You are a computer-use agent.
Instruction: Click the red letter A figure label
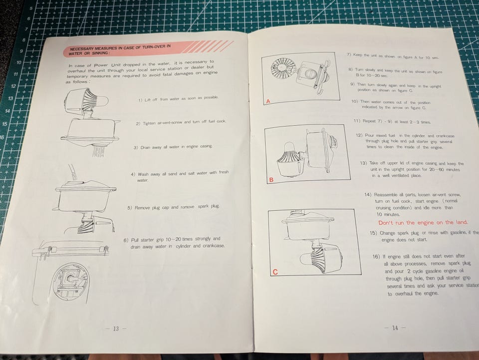[268, 101]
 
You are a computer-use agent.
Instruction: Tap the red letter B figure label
[271, 180]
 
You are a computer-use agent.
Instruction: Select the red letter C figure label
[275, 272]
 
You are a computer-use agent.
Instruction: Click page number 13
[116, 329]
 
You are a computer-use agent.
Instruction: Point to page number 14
[395, 328]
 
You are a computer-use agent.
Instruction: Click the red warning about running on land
[423, 223]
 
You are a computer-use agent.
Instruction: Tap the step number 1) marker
[140, 100]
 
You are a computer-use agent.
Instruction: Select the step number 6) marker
[126, 240]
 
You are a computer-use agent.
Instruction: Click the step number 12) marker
[359, 135]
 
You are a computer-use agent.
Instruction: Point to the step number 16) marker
[376, 257]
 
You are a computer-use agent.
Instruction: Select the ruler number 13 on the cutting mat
[10, 98]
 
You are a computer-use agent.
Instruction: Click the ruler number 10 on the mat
[18, 62]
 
